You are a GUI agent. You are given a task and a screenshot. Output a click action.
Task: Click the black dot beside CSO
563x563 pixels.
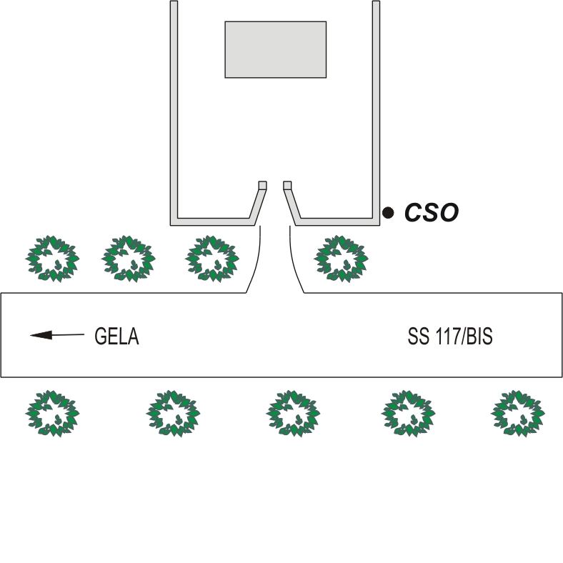coord(388,212)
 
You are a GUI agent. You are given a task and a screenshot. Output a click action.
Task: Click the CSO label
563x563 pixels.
coord(432,212)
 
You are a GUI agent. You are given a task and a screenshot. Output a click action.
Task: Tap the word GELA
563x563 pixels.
coord(116,336)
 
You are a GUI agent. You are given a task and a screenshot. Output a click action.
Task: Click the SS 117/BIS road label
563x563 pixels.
coord(450,336)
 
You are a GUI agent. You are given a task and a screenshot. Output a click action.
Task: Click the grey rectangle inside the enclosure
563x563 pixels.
coord(276,49)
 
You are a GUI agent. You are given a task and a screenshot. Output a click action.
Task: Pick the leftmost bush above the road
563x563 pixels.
coord(52,258)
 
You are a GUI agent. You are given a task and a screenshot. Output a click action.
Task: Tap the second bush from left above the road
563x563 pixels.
coord(129,258)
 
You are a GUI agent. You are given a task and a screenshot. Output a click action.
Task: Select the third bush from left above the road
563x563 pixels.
coord(211,258)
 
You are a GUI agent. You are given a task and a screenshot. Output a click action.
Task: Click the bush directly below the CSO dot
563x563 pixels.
coord(342,258)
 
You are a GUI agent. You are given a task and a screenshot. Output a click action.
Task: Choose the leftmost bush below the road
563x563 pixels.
coord(52,413)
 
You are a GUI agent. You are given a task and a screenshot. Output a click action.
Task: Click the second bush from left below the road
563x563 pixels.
coord(173,413)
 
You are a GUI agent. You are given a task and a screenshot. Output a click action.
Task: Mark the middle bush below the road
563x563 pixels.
coord(293,413)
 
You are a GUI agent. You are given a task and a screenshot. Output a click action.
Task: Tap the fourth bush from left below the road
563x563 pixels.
coord(407,413)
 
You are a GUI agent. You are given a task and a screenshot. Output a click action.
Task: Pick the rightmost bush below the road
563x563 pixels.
coord(518,413)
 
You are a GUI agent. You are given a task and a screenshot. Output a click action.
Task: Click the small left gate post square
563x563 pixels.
coord(262,185)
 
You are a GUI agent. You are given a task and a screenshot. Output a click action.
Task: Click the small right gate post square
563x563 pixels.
coord(287,185)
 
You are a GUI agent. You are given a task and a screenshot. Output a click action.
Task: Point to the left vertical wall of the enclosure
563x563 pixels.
coord(174,107)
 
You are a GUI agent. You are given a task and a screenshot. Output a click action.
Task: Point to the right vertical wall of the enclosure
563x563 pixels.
coord(376,107)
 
